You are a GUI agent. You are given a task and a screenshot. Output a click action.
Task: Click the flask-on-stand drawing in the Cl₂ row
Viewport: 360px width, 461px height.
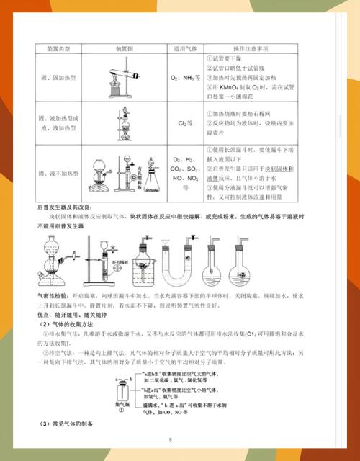123,123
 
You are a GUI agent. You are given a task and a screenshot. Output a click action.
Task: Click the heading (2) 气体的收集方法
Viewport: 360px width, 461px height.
69,322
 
